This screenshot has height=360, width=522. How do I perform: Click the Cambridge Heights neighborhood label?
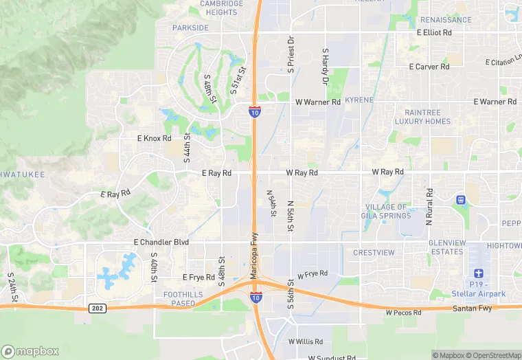(221, 8)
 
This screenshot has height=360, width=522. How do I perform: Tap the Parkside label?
(190, 27)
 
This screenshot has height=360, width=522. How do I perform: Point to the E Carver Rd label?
(429, 67)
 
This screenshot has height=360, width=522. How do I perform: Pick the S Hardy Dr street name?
(326, 63)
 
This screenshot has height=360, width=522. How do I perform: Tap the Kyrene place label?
(359, 100)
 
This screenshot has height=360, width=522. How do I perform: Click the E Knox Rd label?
(154, 138)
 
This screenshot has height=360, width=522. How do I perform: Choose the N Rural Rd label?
(429, 207)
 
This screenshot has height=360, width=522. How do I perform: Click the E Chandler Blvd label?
(160, 243)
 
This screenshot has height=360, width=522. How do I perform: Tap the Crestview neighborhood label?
(374, 253)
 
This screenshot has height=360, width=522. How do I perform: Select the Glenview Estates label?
(447, 247)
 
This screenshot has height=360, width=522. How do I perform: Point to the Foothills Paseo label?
(183, 299)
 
